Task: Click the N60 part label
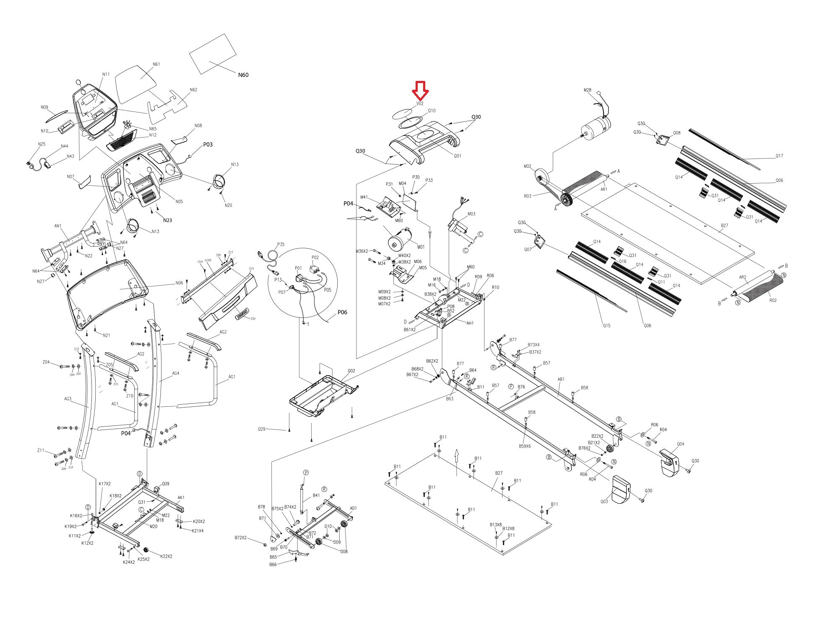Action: pos(243,75)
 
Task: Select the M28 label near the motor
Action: pos(587,90)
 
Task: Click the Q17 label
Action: pos(779,156)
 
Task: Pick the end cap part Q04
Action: pos(670,463)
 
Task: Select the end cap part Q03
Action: pos(622,488)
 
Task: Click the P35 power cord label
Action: pos(281,244)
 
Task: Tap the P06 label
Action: pos(342,312)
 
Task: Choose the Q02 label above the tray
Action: pos(351,371)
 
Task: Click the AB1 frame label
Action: pos(561,379)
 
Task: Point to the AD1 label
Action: pos(353,508)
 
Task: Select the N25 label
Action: pos(42,144)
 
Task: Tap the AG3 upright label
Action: pos(68,399)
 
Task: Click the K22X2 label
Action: pos(166,556)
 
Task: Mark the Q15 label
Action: pos(606,325)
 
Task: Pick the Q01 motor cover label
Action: pos(457,156)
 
